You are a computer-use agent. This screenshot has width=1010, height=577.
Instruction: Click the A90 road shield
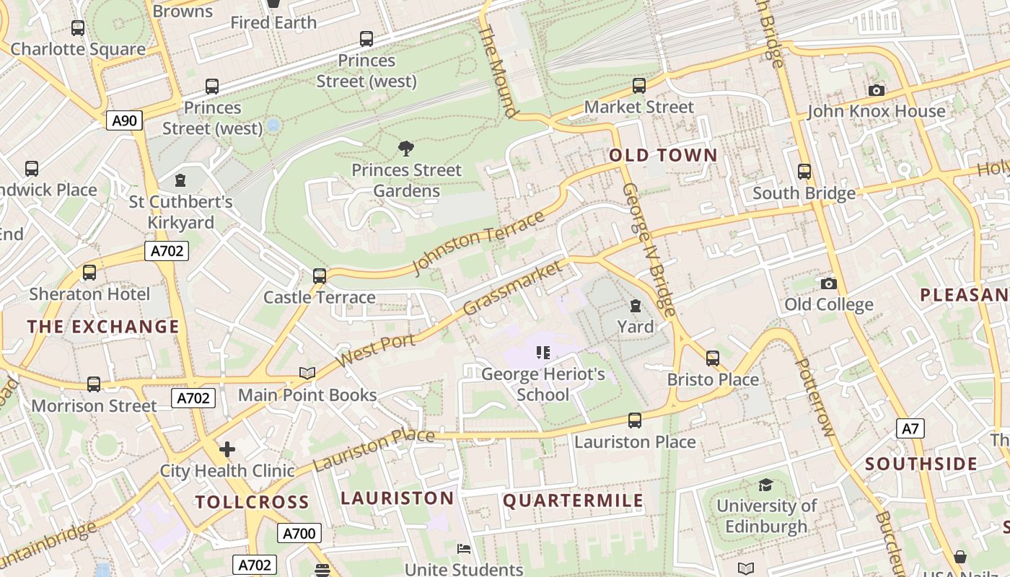pos(124,120)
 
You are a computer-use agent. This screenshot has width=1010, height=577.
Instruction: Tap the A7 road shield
pos(910,429)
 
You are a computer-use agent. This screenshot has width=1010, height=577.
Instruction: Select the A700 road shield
pos(299,534)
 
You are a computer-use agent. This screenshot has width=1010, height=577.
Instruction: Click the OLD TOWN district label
pos(663,156)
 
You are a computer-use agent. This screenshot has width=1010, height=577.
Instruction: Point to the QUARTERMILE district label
pos(573,501)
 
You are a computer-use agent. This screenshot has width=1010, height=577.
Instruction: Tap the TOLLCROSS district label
pos(252,502)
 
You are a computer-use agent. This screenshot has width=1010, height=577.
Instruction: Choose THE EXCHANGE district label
pos(103,327)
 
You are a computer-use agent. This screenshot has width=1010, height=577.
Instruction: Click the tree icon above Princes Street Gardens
pos(406,149)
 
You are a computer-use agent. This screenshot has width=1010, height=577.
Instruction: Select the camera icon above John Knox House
pos(876,90)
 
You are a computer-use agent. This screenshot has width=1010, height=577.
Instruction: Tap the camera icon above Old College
pos(828,283)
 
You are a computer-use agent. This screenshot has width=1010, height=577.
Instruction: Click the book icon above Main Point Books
pos(307,373)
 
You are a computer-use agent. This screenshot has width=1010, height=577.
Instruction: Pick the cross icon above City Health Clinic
pos(227,450)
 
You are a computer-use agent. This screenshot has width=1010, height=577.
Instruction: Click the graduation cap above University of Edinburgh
pos(765,485)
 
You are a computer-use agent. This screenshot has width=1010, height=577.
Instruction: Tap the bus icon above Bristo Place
pos(713,358)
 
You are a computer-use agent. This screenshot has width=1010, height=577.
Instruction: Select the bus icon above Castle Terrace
pos(319,276)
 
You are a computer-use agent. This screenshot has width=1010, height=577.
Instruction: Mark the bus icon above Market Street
pos(638,86)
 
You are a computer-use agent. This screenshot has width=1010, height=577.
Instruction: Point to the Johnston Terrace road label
pos(478,244)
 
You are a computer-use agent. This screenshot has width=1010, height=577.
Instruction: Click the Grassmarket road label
pos(511,288)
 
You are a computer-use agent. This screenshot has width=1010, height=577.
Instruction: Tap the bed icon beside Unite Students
pos(464,550)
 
